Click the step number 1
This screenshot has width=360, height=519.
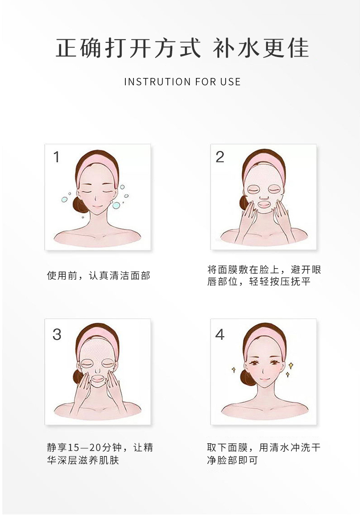pyautogui.click(x=57, y=157)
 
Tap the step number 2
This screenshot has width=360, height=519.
pyautogui.click(x=220, y=157)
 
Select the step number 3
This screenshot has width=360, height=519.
pyautogui.click(x=57, y=335)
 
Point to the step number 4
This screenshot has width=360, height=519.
pyautogui.click(x=220, y=334)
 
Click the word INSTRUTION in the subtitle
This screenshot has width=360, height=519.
pyautogui.click(x=157, y=82)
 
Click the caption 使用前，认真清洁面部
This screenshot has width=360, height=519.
pyautogui.click(x=98, y=275)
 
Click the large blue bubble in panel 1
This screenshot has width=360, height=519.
pyautogui.click(x=116, y=206)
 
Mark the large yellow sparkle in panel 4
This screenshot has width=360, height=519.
pyautogui.click(x=291, y=365)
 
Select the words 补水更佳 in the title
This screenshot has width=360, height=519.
pyautogui.click(x=261, y=48)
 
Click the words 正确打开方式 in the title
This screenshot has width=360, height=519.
pyautogui.click(x=128, y=48)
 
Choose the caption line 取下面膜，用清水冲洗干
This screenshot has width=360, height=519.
pyautogui.click(x=264, y=447)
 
